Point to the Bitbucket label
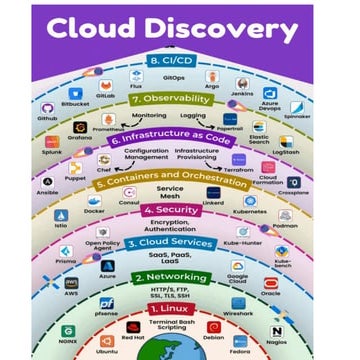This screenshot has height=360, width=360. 70,102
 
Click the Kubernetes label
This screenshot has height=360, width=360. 250,212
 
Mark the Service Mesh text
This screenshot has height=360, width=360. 170,191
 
